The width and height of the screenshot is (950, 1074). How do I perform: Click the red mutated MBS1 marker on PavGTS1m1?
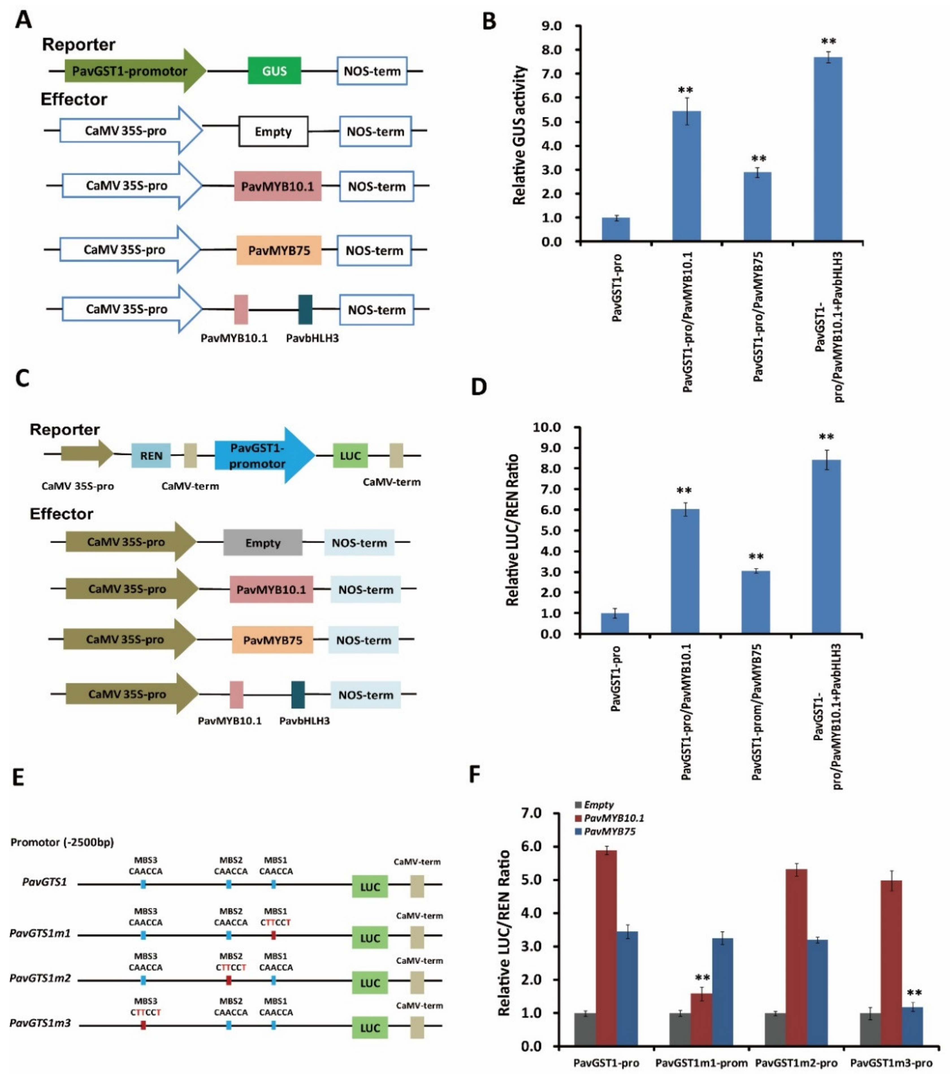coord(273,935)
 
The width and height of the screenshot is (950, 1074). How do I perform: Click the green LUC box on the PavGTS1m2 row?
coord(370,983)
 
